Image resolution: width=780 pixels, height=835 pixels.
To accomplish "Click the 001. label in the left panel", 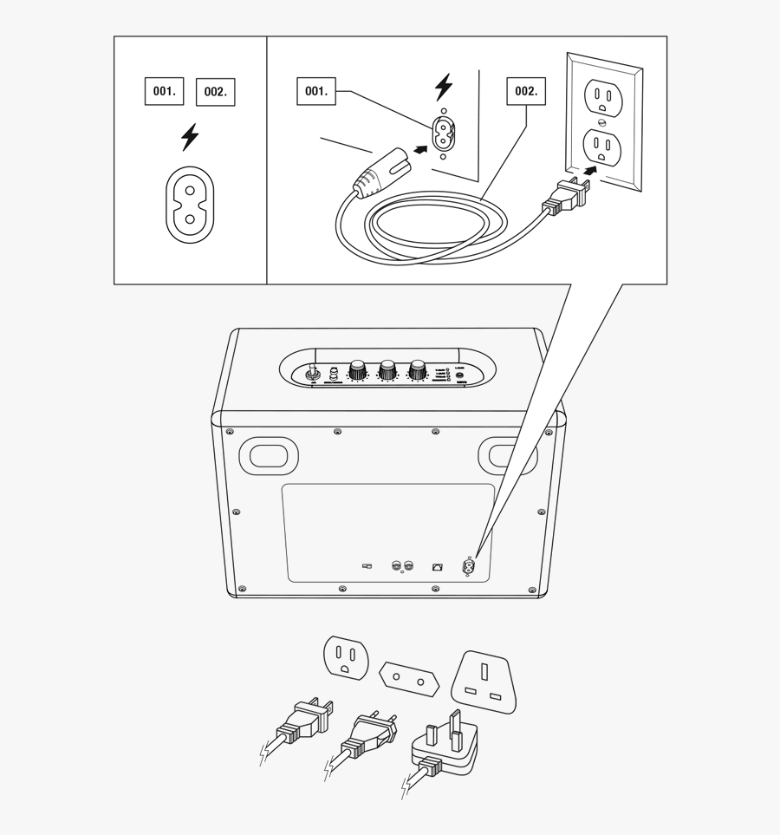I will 164,90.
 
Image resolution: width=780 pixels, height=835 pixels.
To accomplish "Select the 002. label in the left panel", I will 216,92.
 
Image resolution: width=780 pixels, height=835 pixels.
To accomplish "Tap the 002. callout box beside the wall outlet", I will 526,91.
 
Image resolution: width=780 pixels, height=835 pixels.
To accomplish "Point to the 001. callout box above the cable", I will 317,91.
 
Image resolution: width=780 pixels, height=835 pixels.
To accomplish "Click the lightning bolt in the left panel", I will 189,136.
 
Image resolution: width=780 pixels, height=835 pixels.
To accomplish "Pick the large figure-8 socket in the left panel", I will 189,205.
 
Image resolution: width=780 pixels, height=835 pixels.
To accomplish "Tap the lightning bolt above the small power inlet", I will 444,87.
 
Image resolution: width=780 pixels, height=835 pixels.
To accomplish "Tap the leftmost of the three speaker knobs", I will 356,371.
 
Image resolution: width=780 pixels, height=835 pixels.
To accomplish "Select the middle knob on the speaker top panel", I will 387,371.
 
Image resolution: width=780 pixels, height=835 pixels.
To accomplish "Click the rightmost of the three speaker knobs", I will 419,371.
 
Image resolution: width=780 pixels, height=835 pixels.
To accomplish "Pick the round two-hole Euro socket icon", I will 406,677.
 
